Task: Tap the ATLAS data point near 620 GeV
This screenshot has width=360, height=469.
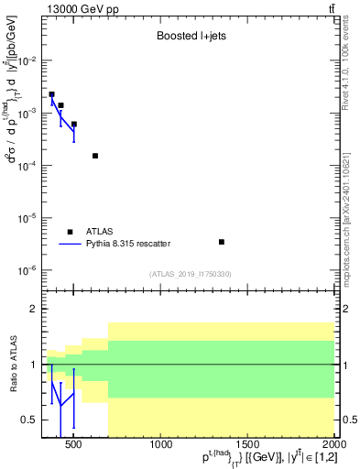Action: point(95,156)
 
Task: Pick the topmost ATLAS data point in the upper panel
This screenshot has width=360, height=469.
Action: point(52,94)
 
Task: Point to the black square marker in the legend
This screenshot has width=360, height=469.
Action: point(70,232)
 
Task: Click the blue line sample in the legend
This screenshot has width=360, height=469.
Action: point(70,244)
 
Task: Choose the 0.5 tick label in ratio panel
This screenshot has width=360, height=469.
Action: point(29,420)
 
